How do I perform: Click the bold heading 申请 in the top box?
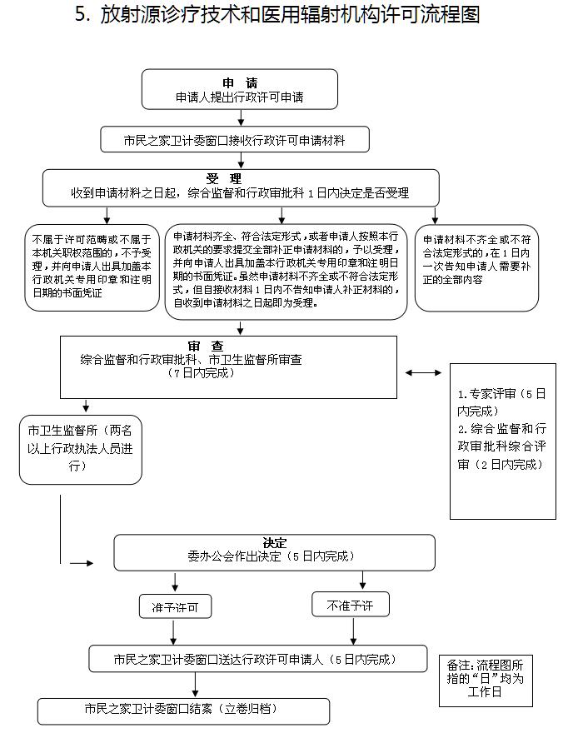pyautogui.click(x=240, y=82)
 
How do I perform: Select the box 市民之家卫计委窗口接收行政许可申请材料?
pyautogui.click(x=235, y=140)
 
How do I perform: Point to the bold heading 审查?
pyautogui.click(x=205, y=346)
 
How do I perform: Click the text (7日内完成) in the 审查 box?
pyautogui.click(x=201, y=373)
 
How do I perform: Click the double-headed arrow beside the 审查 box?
pyautogui.click(x=425, y=372)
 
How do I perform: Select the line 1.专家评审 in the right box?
pyautogui.click(x=502, y=392)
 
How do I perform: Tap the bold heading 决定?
pyautogui.click(x=275, y=542)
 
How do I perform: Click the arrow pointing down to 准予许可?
pyautogui.click(x=175, y=581)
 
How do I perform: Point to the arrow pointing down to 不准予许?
pyautogui.click(x=363, y=580)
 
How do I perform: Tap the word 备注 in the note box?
pyautogui.click(x=458, y=666)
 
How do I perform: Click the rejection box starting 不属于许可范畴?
pyautogui.click(x=92, y=267)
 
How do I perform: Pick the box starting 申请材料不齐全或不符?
pyautogui.click(x=476, y=267)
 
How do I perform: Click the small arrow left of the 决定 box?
pyautogui.click(x=81, y=563)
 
